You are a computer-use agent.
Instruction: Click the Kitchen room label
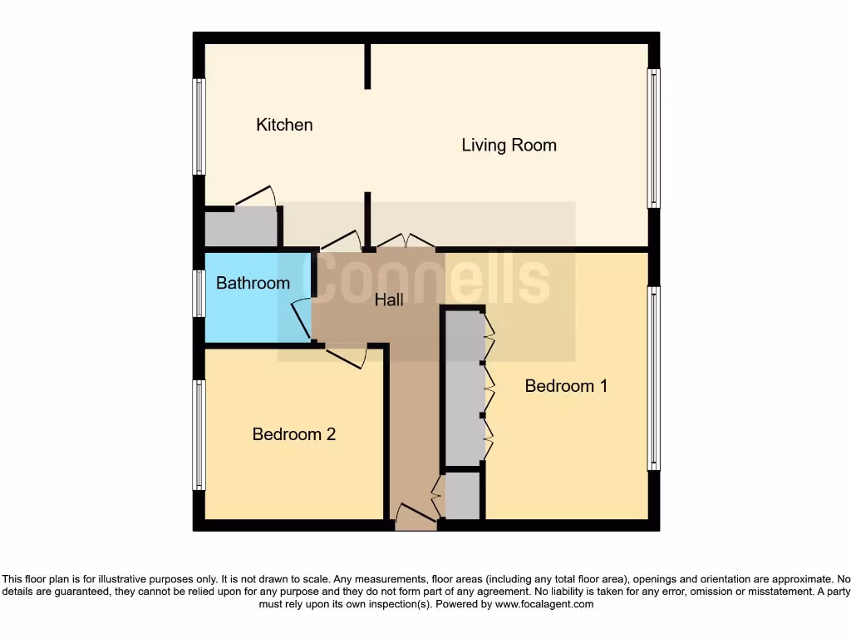(x=284, y=125)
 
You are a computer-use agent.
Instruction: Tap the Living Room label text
(x=509, y=146)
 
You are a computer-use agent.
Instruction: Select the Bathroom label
(x=253, y=283)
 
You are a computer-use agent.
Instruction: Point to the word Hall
(x=389, y=300)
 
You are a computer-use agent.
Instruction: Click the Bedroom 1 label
(x=566, y=386)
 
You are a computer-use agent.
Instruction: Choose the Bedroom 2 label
(x=294, y=434)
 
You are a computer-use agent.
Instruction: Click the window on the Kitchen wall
(x=199, y=126)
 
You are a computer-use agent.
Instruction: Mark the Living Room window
(x=654, y=138)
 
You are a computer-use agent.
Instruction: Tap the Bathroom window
(x=199, y=294)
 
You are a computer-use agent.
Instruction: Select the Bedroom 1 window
(x=654, y=379)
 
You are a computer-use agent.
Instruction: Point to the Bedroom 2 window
(x=199, y=434)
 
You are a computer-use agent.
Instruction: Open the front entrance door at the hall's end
(x=416, y=518)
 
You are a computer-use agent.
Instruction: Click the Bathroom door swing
(x=301, y=319)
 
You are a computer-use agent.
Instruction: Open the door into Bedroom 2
(x=347, y=357)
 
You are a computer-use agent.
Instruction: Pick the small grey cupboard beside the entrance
(x=463, y=497)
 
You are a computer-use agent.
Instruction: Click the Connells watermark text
(x=432, y=280)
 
